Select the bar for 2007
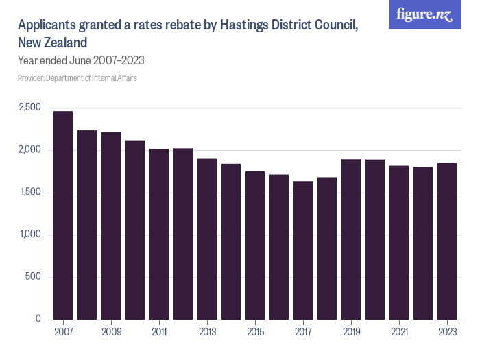pyautogui.click(x=63, y=215)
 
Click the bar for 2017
pyautogui.click(x=303, y=250)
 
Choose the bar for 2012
pyautogui.click(x=183, y=234)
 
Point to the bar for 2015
pyautogui.click(x=255, y=245)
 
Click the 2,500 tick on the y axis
pyautogui.click(x=29, y=108)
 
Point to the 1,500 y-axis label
pyautogui.click(x=30, y=193)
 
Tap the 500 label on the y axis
pyautogui.click(x=34, y=277)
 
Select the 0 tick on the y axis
pyautogui.click(x=38, y=320)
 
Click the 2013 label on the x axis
pyautogui.click(x=207, y=332)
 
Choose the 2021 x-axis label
pyautogui.click(x=399, y=332)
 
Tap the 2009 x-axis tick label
pyautogui.click(x=111, y=332)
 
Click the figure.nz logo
pyautogui.click(x=424, y=14)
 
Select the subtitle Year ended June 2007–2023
pyautogui.click(x=80, y=60)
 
